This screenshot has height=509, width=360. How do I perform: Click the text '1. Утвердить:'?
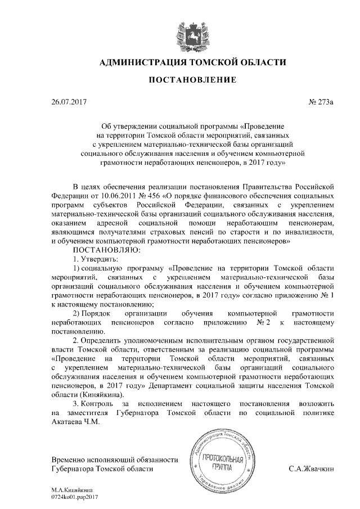click(95, 259)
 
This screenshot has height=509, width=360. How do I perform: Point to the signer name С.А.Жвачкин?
click(311, 468)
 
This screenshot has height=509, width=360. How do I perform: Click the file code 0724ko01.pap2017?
click(74, 498)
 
